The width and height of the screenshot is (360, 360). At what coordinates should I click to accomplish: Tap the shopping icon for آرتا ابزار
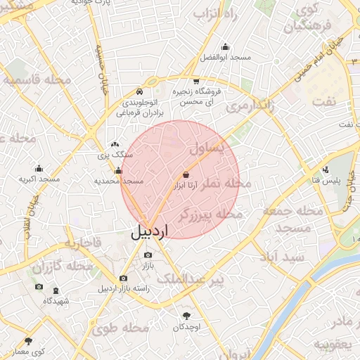pyautogui.click(x=186, y=174)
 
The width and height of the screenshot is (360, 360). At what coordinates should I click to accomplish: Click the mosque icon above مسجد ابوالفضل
pyautogui.click(x=225, y=46)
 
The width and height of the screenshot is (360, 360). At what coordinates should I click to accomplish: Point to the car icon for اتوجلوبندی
pyautogui.click(x=139, y=92)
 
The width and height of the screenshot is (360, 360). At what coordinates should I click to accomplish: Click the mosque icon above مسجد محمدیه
pyautogui.click(x=118, y=171)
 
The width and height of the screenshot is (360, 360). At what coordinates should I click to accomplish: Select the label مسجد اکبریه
pyautogui.click(x=38, y=179)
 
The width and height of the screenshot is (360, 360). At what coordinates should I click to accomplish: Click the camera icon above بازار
pyautogui.click(x=148, y=255)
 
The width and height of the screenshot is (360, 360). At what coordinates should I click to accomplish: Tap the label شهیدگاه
pyautogui.click(x=56, y=300)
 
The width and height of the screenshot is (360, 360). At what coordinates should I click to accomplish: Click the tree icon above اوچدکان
pyautogui.click(x=187, y=316)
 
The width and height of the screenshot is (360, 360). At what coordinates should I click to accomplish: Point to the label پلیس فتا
pyautogui.click(x=326, y=180)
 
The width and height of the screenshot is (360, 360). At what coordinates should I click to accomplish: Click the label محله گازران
pyautogui.click(x=63, y=266)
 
